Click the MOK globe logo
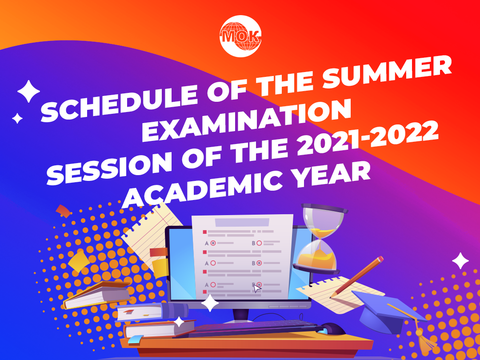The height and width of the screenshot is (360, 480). pyautogui.click(x=240, y=36)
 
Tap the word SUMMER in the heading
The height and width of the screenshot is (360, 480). pyautogui.click(x=387, y=72)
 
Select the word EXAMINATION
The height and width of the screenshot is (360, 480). pyautogui.click(x=246, y=120)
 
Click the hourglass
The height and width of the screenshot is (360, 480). pyautogui.click(x=320, y=239)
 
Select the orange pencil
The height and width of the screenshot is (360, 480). pyautogui.click(x=356, y=277)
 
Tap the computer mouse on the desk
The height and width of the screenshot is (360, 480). pyautogui.click(x=333, y=329)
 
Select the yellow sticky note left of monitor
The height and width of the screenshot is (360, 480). pyautogui.click(x=160, y=268)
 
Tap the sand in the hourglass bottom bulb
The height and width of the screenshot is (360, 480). pyautogui.click(x=317, y=259)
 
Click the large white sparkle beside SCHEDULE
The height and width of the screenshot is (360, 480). pyautogui.click(x=28, y=91)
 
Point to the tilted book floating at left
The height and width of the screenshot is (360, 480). pyautogui.click(x=96, y=295)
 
